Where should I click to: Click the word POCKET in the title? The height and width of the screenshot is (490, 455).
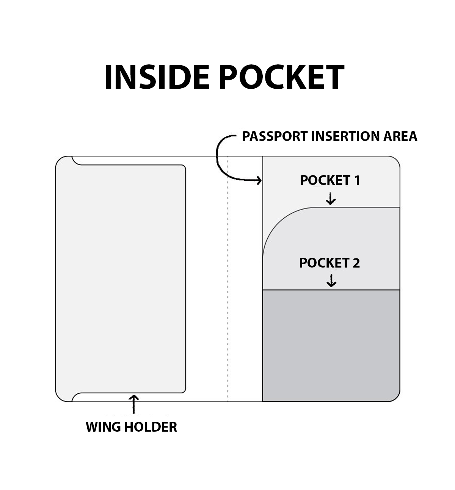pos(281,77)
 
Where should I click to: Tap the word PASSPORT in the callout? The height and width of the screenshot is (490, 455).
pos(275,136)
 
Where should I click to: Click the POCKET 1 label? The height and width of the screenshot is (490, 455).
pos(329,180)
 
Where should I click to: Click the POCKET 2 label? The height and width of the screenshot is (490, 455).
pos(329,263)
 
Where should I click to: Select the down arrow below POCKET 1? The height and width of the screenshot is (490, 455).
pos(331,199)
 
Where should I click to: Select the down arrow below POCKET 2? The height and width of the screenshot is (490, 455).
pos(332,281)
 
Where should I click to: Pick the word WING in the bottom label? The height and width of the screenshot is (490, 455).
pos(102,427)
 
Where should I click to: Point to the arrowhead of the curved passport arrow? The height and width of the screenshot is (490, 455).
pos(259,180)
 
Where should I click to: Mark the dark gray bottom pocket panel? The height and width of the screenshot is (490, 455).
pos(331,345)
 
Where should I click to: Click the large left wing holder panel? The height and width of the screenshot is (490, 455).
pos(121,279)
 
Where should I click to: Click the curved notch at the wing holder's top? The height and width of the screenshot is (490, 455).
pos(75,162)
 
